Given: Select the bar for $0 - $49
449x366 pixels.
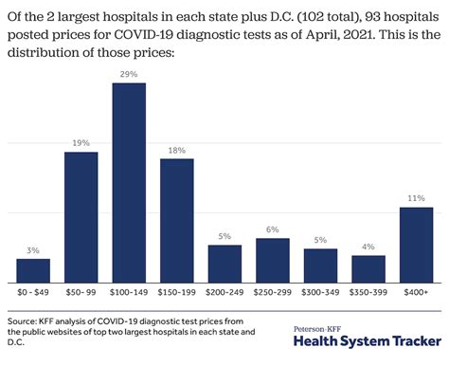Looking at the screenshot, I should [x=33, y=270].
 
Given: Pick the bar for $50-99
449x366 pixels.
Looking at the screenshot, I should [x=81, y=217].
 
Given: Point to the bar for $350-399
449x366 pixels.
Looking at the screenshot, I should [x=368, y=268].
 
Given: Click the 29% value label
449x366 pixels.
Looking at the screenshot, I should [x=129, y=74].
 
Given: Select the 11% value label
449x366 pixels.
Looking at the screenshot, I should [x=416, y=198].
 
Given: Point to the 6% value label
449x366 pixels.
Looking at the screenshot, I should [x=273, y=229].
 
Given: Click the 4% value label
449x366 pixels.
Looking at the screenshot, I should [x=368, y=247].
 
